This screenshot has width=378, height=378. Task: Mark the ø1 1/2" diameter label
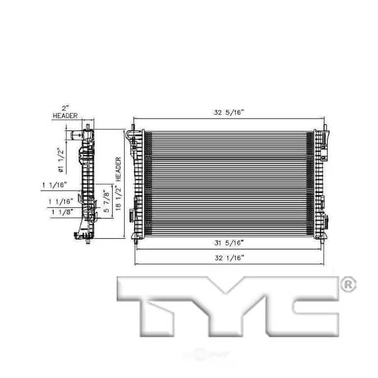[x=60, y=159]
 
